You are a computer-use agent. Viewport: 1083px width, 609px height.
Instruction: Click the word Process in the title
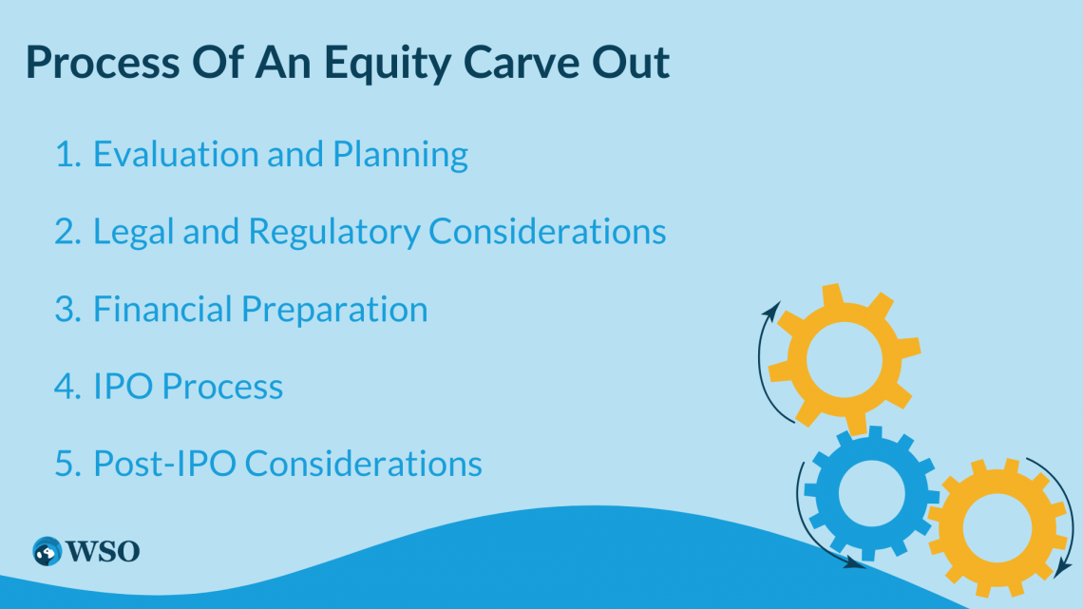pyautogui.click(x=103, y=62)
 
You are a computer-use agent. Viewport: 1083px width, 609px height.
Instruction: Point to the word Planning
pyautogui.click(x=401, y=155)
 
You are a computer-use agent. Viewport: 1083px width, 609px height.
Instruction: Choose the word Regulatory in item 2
pyautogui.click(x=334, y=232)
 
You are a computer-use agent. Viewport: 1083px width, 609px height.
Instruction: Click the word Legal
pyautogui.click(x=134, y=232)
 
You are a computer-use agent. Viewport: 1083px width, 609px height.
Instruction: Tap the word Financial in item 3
pyautogui.click(x=163, y=309)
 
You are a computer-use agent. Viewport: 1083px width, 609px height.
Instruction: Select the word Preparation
pyautogui.click(x=335, y=310)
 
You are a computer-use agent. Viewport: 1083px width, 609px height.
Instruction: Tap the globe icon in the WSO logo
pyautogui.click(x=47, y=552)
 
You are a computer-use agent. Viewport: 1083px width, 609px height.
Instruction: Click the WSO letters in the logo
pyautogui.click(x=103, y=552)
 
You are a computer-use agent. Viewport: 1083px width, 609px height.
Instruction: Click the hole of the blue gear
pyautogui.click(x=871, y=493)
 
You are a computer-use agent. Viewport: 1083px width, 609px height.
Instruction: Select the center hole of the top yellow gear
pyautogui.click(x=845, y=360)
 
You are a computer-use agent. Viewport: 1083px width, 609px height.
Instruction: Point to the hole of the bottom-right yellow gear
pyautogui.click(x=997, y=528)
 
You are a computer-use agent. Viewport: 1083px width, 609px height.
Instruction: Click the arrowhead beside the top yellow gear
pyautogui.click(x=771, y=310)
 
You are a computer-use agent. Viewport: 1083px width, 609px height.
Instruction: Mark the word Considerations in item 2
pyautogui.click(x=547, y=231)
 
